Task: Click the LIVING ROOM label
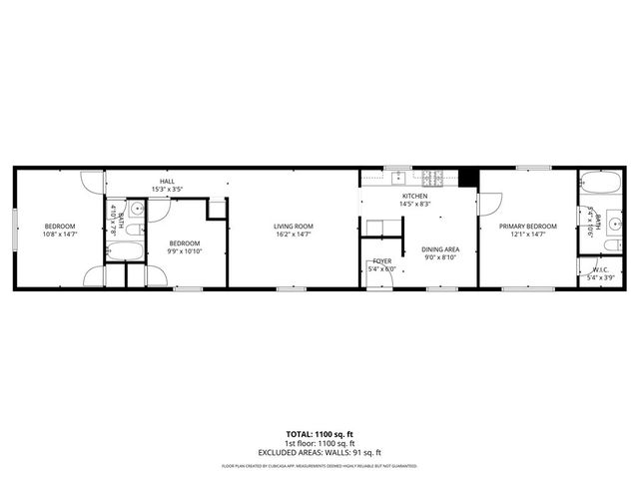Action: click(294, 227)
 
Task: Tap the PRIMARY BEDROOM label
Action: click(528, 227)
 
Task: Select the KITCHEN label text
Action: click(414, 196)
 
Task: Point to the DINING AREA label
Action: click(439, 249)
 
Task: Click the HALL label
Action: click(169, 182)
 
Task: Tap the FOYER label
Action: click(382, 261)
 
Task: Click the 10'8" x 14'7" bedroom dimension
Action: click(60, 235)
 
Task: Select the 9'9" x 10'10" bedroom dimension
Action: click(184, 250)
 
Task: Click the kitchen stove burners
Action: click(438, 177)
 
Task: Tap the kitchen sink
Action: click(397, 177)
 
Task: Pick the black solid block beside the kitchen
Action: click(465, 176)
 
